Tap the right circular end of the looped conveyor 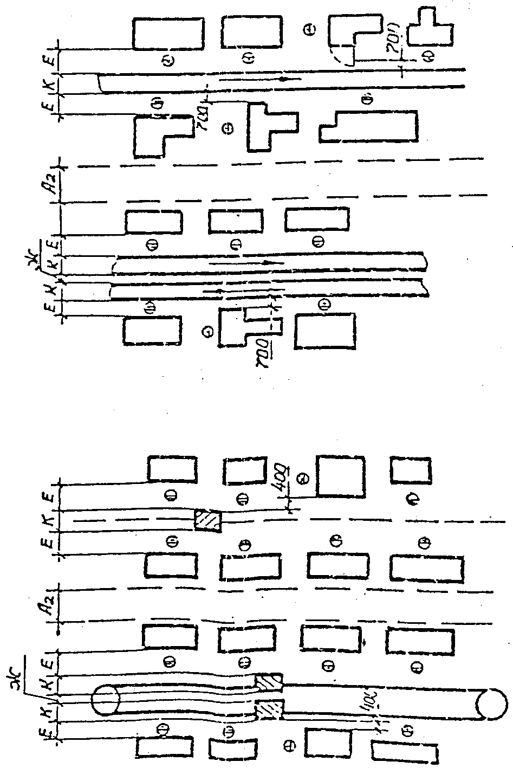[492, 704]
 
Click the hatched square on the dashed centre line [208, 521]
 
